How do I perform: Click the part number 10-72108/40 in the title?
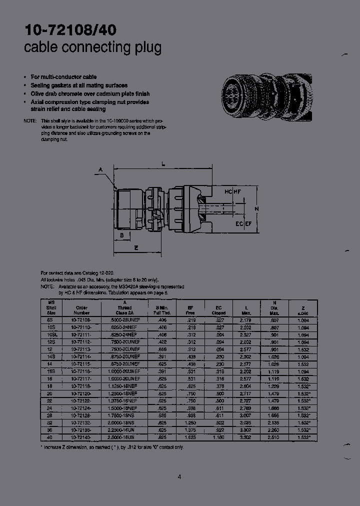pos(70,30)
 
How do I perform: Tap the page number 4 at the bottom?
pos(179,476)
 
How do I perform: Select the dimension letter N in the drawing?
pos(256,208)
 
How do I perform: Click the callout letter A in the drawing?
pos(100,170)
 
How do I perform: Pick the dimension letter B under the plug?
pos(121,234)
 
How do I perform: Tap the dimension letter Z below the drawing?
pos(136,247)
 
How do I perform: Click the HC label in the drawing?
pos(228,192)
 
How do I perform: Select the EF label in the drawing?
pos(247,224)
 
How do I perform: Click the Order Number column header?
pos(81,309)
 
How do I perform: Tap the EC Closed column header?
pos(218,309)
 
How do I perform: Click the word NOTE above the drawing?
pos(30,121)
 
